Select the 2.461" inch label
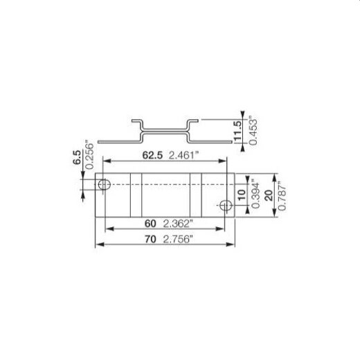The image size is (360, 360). tap(183, 156)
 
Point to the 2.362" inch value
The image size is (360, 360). tap(179, 223)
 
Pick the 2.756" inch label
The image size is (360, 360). tap(179, 240)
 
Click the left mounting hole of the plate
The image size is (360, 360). tap(104, 185)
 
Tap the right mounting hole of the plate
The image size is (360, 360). tap(224, 205)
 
